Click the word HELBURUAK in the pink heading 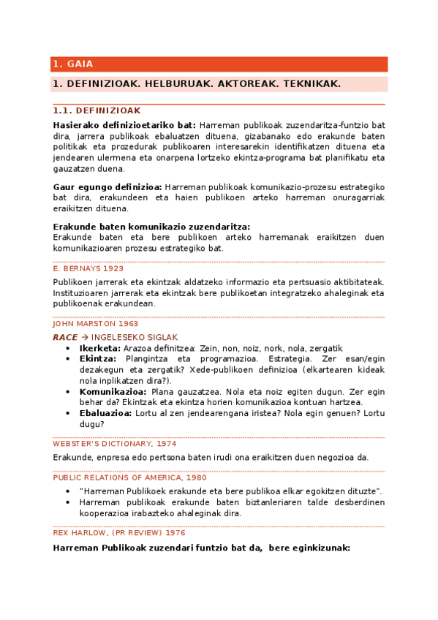[175, 84]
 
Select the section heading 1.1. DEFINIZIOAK [97, 110]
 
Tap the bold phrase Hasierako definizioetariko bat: [124, 125]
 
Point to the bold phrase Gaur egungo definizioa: [107, 187]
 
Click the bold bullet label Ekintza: [98, 359]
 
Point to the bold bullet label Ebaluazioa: [105, 413]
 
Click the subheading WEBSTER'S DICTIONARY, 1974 [114, 443]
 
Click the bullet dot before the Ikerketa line [68, 349]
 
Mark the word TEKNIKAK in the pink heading [311, 84]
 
